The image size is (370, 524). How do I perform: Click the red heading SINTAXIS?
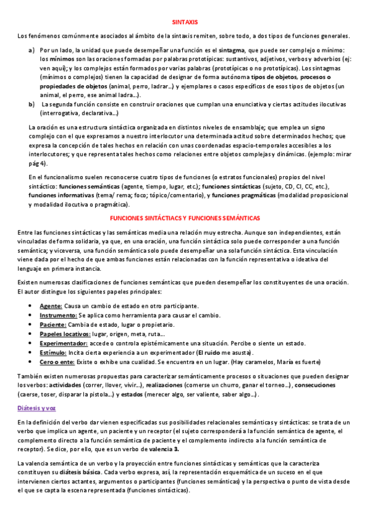pyautogui.click(x=185, y=20)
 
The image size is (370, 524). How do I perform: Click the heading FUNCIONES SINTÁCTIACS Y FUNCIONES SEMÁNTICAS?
pyautogui.click(x=185, y=218)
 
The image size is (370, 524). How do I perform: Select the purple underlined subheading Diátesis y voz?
pyautogui.click(x=36, y=391)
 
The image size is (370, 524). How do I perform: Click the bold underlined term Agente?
pyautogui.click(x=51, y=306)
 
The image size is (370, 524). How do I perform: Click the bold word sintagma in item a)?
pyautogui.click(x=229, y=49)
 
